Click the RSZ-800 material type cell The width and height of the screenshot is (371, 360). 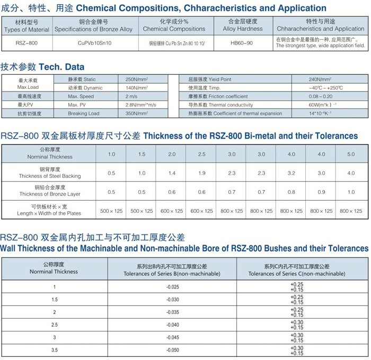click(x=26, y=43)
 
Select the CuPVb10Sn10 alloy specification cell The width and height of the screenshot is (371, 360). click(x=93, y=43)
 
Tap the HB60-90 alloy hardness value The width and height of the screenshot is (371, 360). click(x=243, y=43)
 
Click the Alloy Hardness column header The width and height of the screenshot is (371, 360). click(x=243, y=25)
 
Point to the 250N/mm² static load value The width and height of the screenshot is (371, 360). click(x=137, y=79)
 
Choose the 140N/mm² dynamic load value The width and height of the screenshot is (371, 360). click(x=137, y=88)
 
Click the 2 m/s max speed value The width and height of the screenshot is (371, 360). click(x=131, y=96)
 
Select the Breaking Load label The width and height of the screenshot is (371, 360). click(x=83, y=113)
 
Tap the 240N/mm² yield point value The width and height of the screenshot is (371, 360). click(x=320, y=79)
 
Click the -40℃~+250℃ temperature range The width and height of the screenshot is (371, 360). click(x=325, y=88)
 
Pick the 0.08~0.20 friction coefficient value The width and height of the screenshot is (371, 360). click(x=320, y=96)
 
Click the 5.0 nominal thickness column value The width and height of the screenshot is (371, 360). click(x=351, y=154)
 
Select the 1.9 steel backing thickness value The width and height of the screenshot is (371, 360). click(x=201, y=173)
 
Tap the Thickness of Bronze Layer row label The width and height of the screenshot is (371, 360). click(x=49, y=191)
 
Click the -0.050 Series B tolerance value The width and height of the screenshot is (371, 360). click(x=172, y=350)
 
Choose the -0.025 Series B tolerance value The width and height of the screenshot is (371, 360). click(x=172, y=287)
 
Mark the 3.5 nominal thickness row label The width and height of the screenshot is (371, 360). click(x=54, y=350)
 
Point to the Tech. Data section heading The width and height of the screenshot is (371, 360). click(x=42, y=67)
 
